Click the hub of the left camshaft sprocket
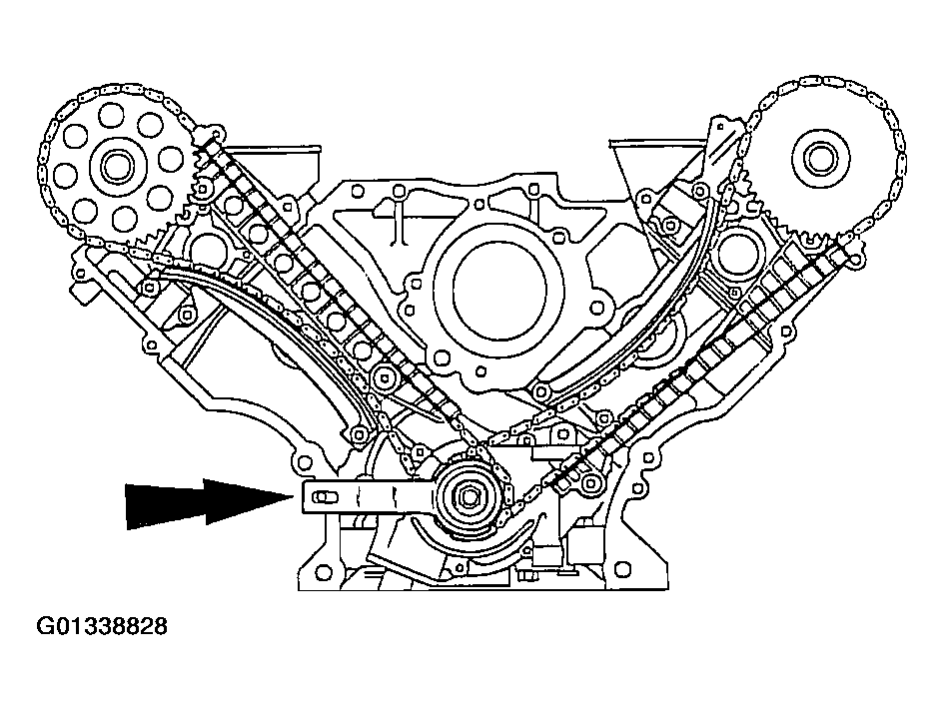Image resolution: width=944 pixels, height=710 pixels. pos(115,165)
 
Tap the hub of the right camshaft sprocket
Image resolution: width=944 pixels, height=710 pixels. pos(819,160)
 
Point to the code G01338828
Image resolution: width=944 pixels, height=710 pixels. pos(102,626)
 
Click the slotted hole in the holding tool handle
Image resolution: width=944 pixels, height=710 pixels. pos(324,497)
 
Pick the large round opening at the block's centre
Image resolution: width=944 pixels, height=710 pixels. pos(499,292)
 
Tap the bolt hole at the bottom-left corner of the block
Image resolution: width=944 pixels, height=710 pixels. pos(324,569)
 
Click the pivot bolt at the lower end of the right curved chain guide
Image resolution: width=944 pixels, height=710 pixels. pos(540,391)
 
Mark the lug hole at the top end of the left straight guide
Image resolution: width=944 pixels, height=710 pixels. pos(218,132)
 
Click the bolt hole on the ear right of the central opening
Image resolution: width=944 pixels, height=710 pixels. pos(596,308)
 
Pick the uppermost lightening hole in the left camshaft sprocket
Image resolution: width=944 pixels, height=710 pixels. pos(112,114)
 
